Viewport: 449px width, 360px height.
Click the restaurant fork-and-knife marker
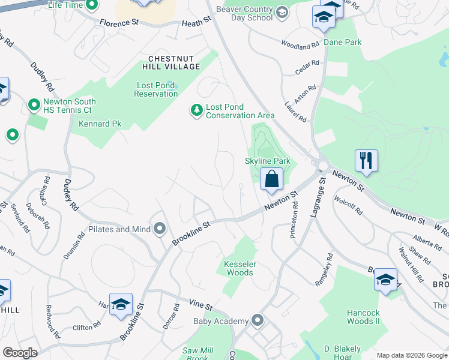click(366, 161)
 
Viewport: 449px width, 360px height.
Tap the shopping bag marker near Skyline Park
click(272, 179)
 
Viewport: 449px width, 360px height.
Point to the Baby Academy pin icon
click(258, 320)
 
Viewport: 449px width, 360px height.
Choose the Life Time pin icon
click(92, 6)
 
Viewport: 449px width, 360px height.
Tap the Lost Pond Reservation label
click(155, 89)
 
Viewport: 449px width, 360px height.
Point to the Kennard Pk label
click(100, 124)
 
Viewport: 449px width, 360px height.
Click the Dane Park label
click(343, 43)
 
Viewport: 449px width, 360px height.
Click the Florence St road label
click(119, 23)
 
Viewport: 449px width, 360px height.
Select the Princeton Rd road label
click(294, 224)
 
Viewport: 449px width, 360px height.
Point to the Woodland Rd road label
click(300, 44)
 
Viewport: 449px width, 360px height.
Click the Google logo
click(20, 353)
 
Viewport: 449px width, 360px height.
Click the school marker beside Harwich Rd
click(121, 305)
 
